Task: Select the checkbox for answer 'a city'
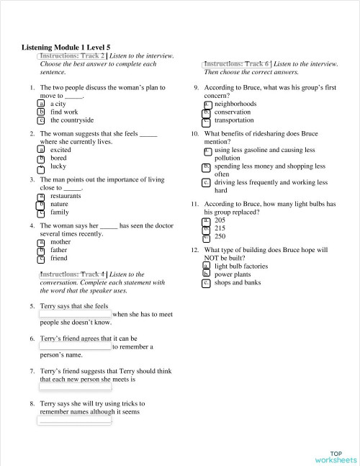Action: (41, 104)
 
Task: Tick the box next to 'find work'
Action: (41, 112)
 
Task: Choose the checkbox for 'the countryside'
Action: (41, 120)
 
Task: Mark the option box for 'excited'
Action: (41, 150)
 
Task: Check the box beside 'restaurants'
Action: (41, 196)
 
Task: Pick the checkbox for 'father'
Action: (41, 250)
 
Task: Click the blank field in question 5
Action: (75, 314)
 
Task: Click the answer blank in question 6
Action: (75, 346)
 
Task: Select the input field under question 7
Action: (75, 387)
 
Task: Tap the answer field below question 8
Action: (75, 421)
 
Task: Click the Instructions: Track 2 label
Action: (72, 55)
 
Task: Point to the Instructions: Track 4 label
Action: (72, 274)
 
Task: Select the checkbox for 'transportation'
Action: (206, 120)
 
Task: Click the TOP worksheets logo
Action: (335, 456)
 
